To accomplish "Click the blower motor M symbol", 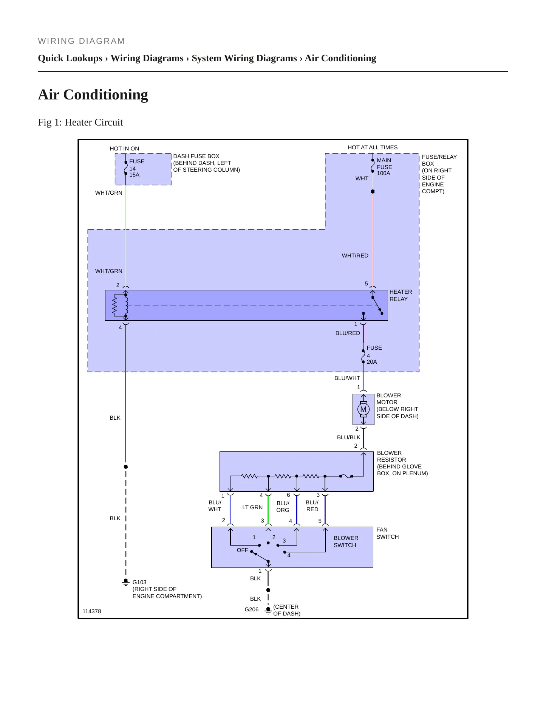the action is click(x=363, y=409).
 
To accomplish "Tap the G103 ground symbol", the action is click(x=126, y=582).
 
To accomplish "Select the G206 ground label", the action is click(x=251, y=609).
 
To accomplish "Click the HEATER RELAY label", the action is click(x=401, y=295).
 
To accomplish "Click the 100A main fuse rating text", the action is click(x=383, y=173).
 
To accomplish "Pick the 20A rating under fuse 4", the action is click(x=371, y=362).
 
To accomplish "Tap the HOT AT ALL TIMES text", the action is click(x=373, y=147).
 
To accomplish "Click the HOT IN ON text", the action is click(x=124, y=149).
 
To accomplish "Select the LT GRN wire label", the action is click(x=252, y=507).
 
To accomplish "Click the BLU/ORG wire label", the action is click(x=283, y=507).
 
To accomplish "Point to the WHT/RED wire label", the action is click(x=355, y=256).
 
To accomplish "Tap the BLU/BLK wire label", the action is click(x=348, y=437).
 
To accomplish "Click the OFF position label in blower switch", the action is click(x=242, y=550).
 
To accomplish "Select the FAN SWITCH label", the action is click(x=387, y=533).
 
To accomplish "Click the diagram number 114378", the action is click(x=92, y=611).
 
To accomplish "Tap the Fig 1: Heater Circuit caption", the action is click(x=80, y=122).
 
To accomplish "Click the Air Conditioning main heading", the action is click(x=93, y=95).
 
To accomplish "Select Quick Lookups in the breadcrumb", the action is click(x=70, y=58).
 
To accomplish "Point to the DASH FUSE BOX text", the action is click(x=196, y=156).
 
